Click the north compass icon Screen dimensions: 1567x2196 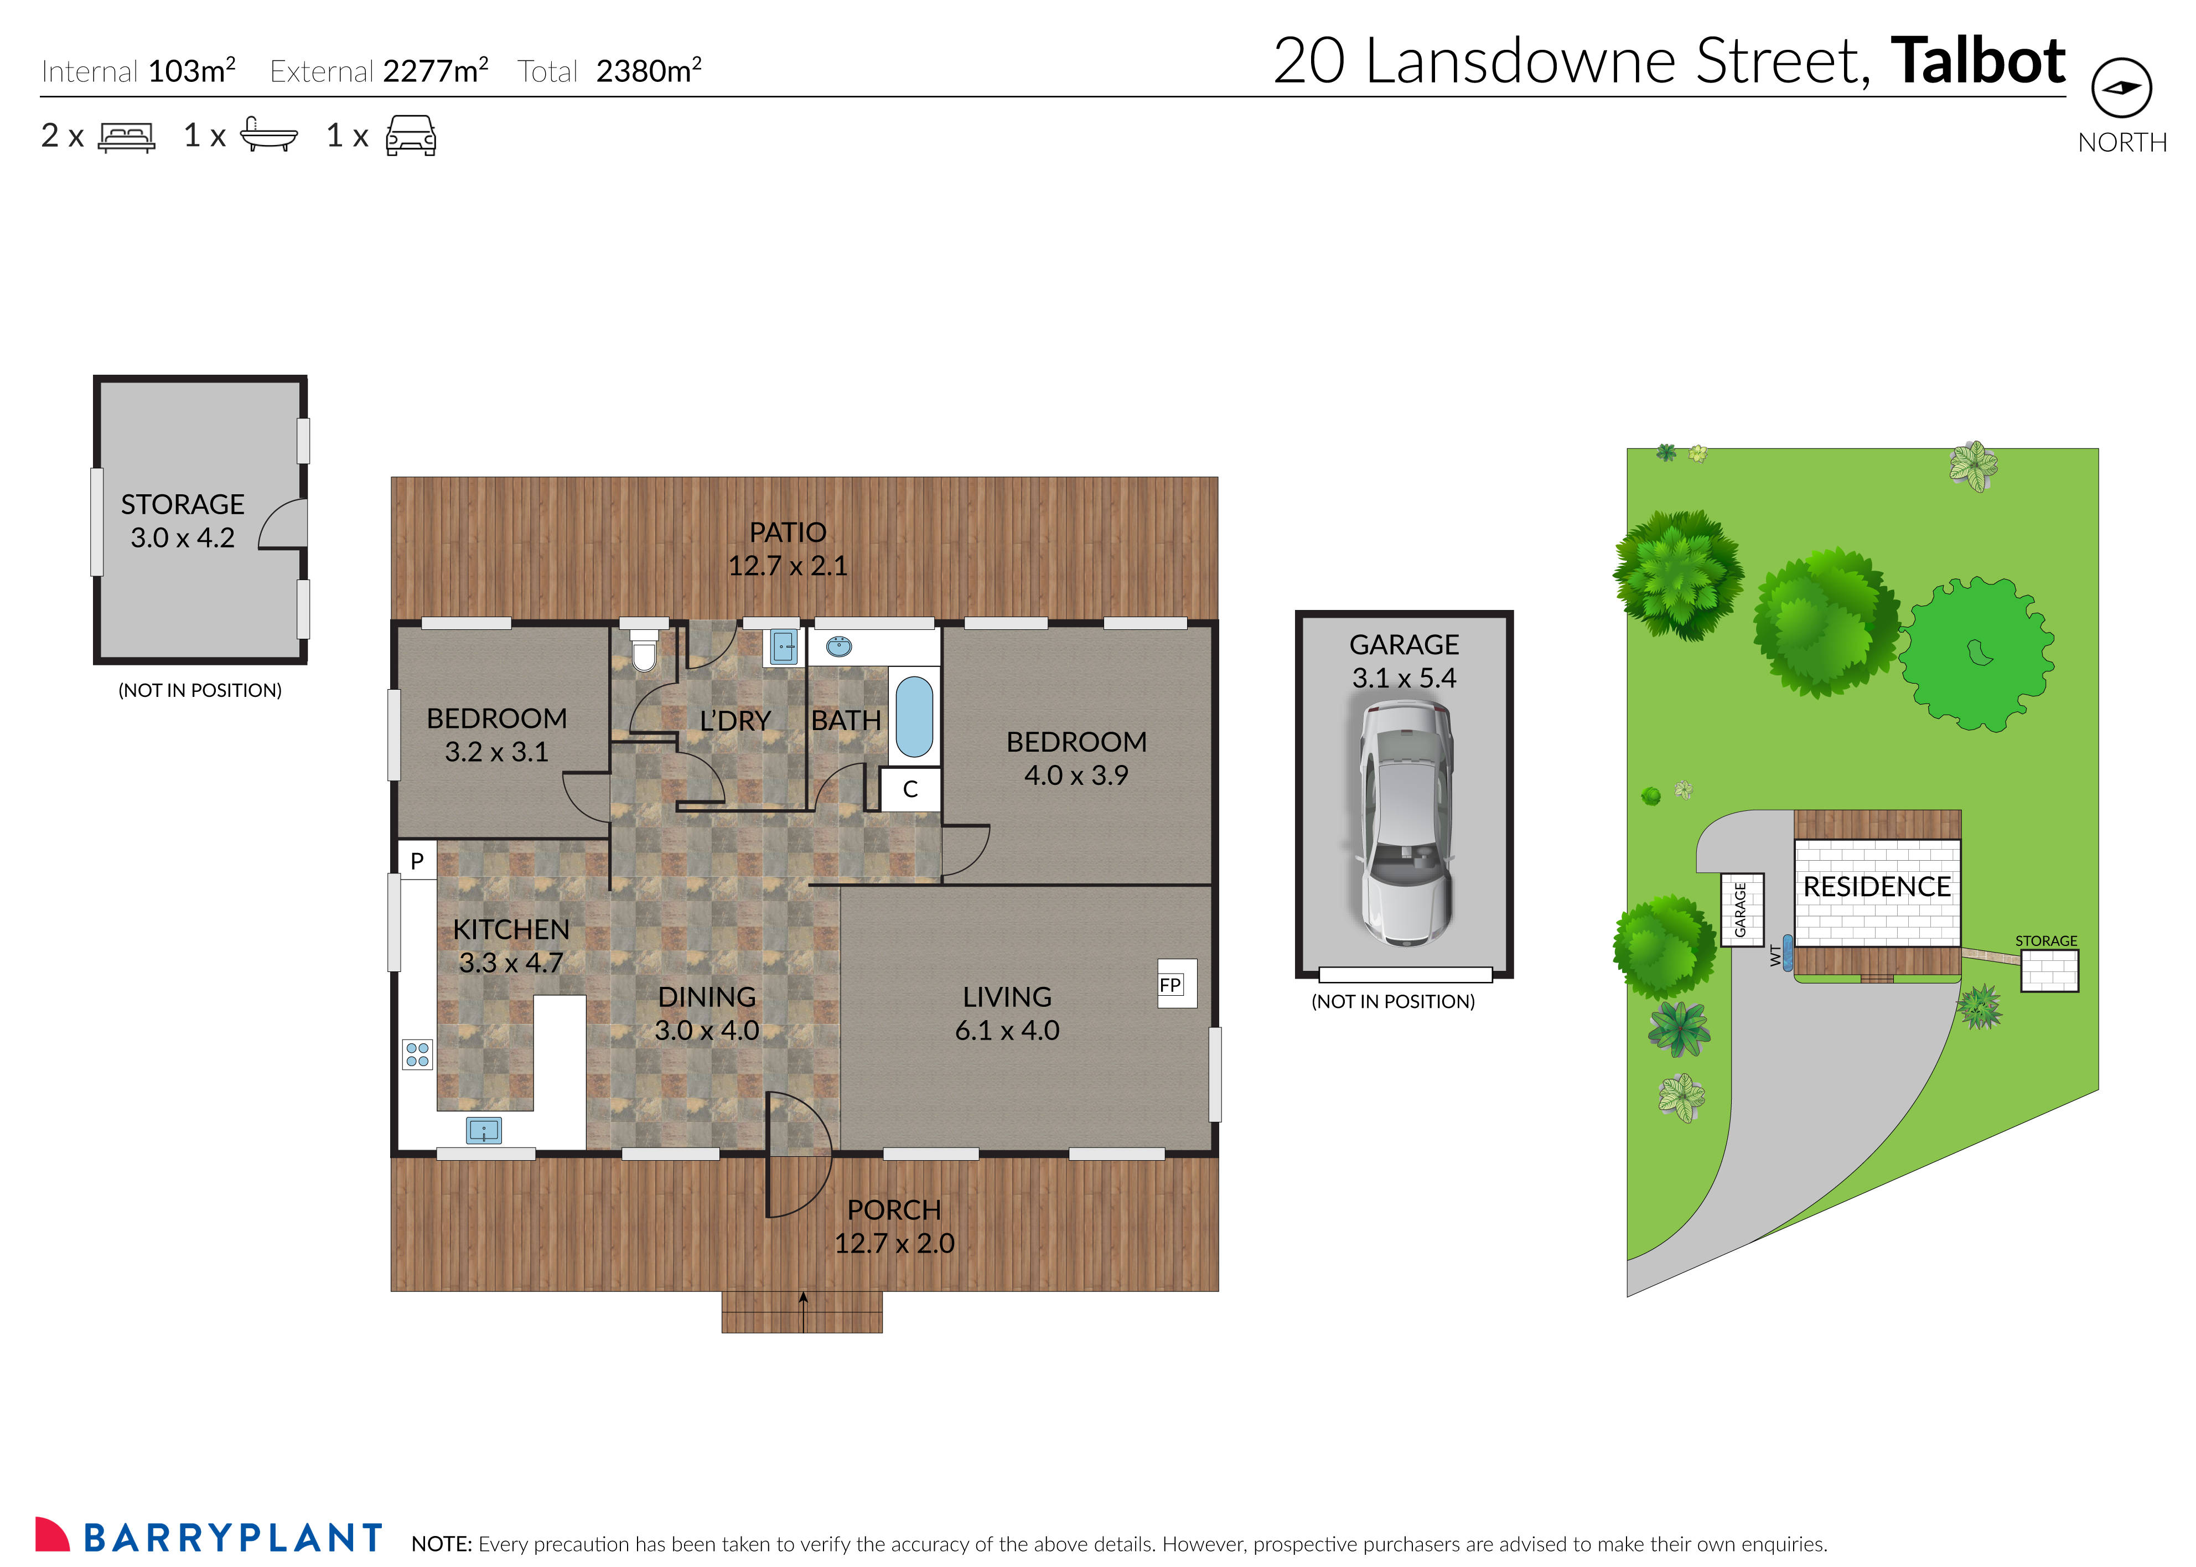tap(2121, 88)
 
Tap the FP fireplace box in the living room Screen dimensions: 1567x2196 tap(1176, 983)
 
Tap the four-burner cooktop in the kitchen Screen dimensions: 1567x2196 tap(417, 1054)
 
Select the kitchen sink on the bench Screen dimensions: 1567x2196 tap(483, 1130)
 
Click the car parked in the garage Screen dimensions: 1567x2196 tap(1405, 823)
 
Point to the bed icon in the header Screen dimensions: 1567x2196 tap(126, 137)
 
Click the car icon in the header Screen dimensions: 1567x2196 tap(411, 136)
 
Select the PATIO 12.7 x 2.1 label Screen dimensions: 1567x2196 tap(788, 548)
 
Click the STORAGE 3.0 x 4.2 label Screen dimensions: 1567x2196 tap(183, 521)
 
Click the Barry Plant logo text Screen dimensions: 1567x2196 tap(231, 1537)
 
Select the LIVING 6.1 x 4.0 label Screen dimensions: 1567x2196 tap(1006, 1013)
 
